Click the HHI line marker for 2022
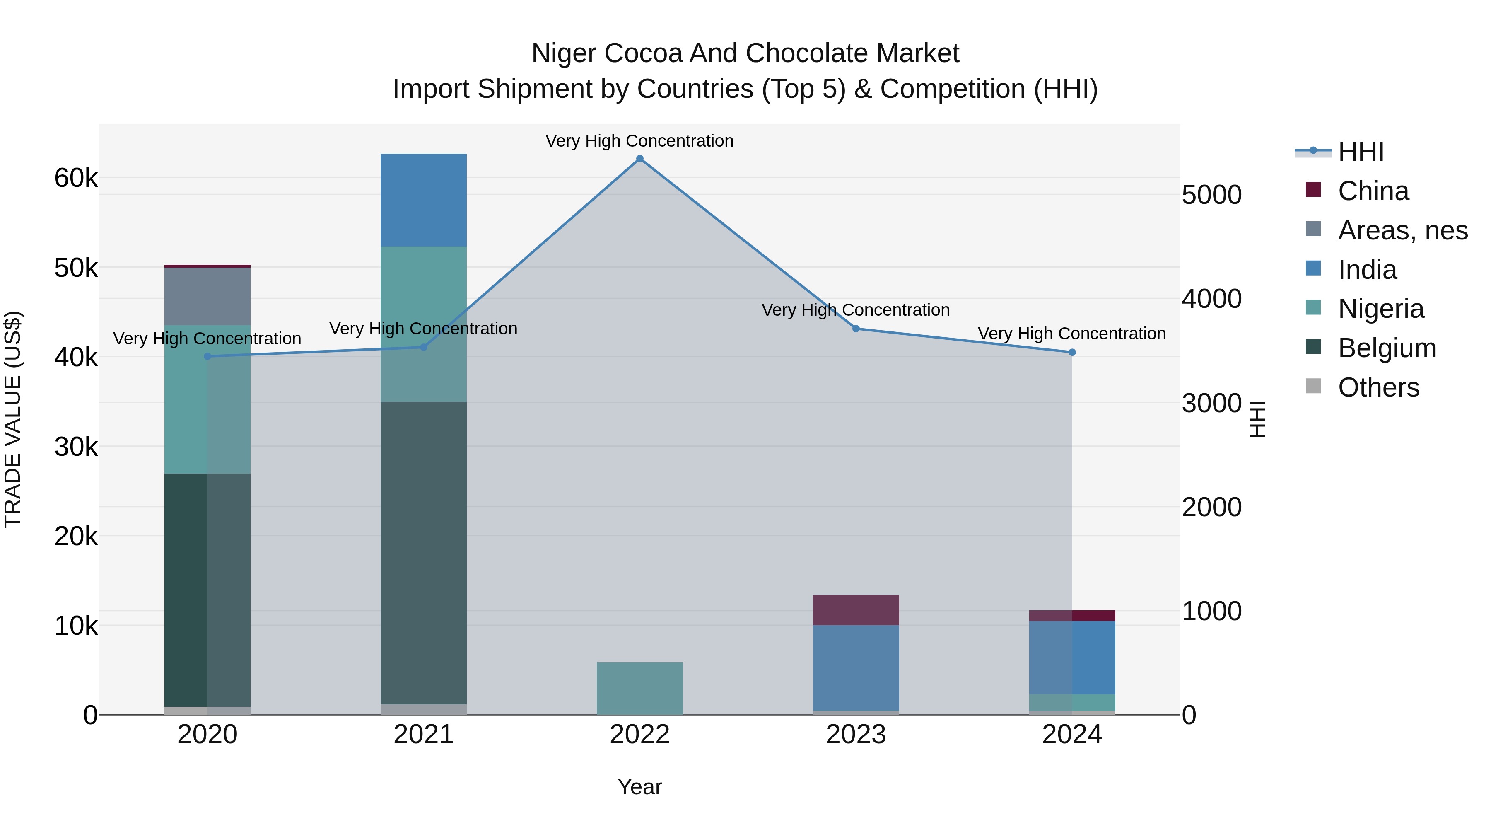(x=639, y=159)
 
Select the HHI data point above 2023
(x=856, y=329)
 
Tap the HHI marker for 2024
(x=1072, y=352)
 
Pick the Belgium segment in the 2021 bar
(x=424, y=553)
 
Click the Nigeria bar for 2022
(x=639, y=689)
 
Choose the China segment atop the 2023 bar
(x=856, y=610)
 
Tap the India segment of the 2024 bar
(x=1072, y=657)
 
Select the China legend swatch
(x=1313, y=190)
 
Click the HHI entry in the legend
(x=1361, y=152)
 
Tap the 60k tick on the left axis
(x=76, y=178)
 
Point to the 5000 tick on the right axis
(x=1211, y=195)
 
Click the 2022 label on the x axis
(x=639, y=735)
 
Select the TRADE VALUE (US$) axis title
(x=13, y=419)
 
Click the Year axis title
(x=639, y=787)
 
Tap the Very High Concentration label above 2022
(x=639, y=141)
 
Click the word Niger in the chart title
(x=565, y=53)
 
